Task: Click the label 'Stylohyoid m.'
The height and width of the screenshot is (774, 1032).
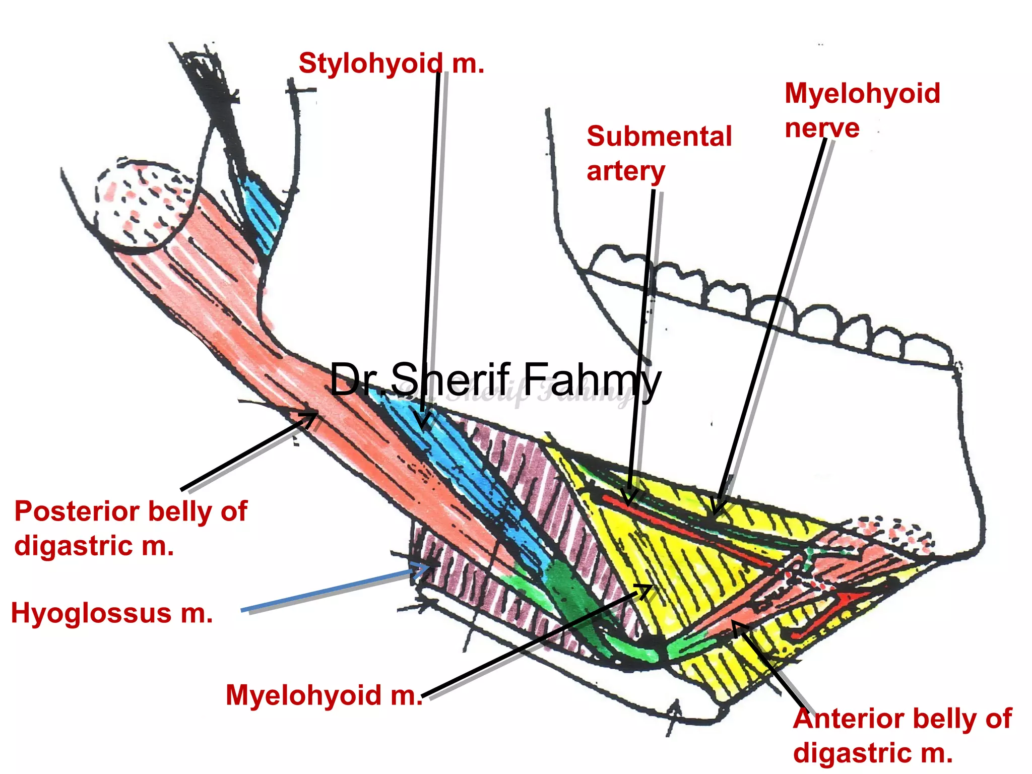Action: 391,64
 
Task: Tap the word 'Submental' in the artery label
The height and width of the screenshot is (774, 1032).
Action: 659,137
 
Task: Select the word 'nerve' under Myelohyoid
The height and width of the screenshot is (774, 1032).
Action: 822,128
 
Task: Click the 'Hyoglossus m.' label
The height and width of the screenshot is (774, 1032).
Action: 112,614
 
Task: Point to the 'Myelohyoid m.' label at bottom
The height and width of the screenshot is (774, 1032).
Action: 324,695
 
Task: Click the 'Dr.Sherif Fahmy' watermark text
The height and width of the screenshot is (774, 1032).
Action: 495,379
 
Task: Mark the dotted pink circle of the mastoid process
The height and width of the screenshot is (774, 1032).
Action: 144,202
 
